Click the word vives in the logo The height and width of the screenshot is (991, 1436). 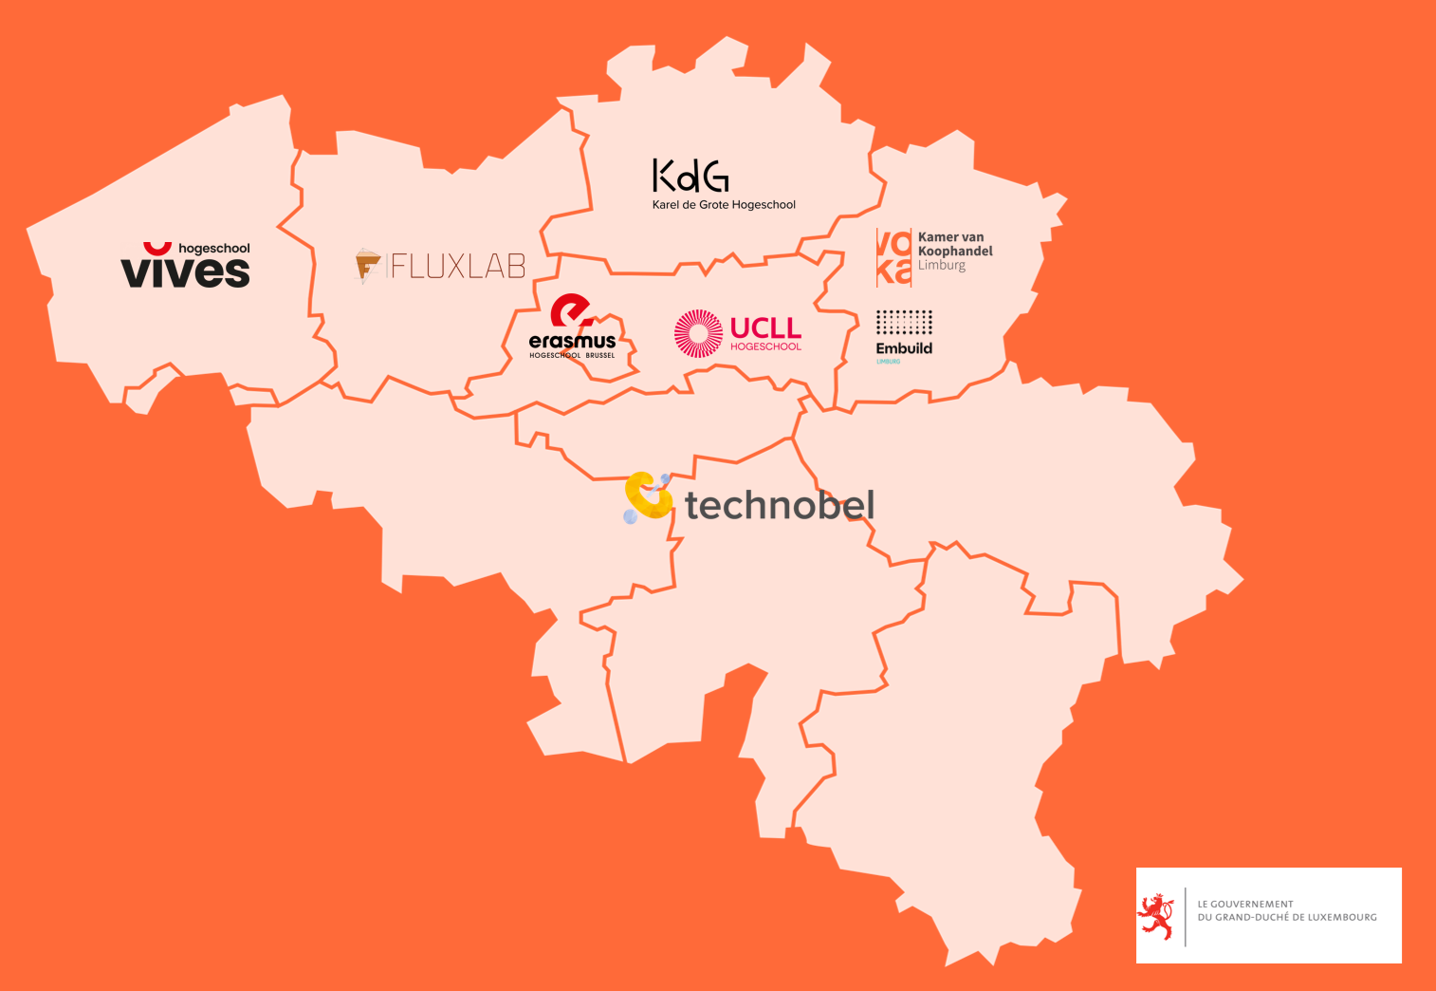185,271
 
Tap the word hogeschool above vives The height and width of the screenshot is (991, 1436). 213,249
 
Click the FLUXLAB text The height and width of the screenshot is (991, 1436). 458,266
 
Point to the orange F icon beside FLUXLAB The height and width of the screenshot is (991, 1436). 367,265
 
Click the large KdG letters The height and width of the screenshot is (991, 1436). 690,176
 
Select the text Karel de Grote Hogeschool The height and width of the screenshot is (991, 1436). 724,205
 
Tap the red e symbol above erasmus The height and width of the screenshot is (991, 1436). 571,311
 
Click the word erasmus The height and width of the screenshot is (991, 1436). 572,341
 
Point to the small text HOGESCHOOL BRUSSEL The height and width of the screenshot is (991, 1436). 572,355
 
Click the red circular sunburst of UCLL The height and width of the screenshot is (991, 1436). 698,333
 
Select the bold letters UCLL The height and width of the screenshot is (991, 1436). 765,328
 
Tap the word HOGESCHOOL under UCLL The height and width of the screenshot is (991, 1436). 765,346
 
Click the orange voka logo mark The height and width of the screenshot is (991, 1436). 893,257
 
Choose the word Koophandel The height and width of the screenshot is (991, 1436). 955,252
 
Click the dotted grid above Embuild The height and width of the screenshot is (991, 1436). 904,322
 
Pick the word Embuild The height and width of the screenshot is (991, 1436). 904,348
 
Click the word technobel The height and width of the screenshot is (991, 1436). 780,505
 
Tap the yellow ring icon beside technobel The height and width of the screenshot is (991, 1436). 648,496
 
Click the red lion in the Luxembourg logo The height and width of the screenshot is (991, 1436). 1156,916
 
